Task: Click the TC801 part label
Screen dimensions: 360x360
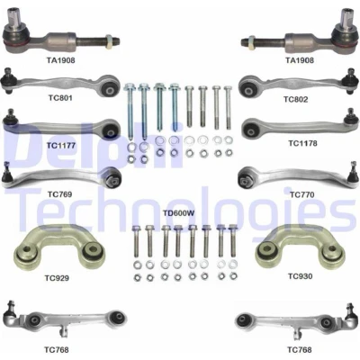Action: tap(60, 98)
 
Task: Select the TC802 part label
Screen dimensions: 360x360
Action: tap(296, 99)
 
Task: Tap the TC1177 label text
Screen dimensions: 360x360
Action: tap(61, 146)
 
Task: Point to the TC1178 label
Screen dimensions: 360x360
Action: tap(302, 143)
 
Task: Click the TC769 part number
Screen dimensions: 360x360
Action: tap(59, 194)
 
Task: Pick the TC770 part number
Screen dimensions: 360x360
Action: tap(302, 195)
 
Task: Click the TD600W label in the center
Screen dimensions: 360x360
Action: tap(179, 213)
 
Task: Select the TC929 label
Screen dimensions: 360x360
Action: tap(57, 278)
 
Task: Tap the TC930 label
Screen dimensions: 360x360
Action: tap(301, 276)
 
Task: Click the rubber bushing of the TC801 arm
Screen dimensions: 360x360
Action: tap(109, 88)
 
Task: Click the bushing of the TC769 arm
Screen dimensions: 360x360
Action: tap(114, 179)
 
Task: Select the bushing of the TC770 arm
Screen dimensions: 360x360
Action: tap(246, 179)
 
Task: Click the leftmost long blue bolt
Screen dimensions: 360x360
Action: tap(130, 112)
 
